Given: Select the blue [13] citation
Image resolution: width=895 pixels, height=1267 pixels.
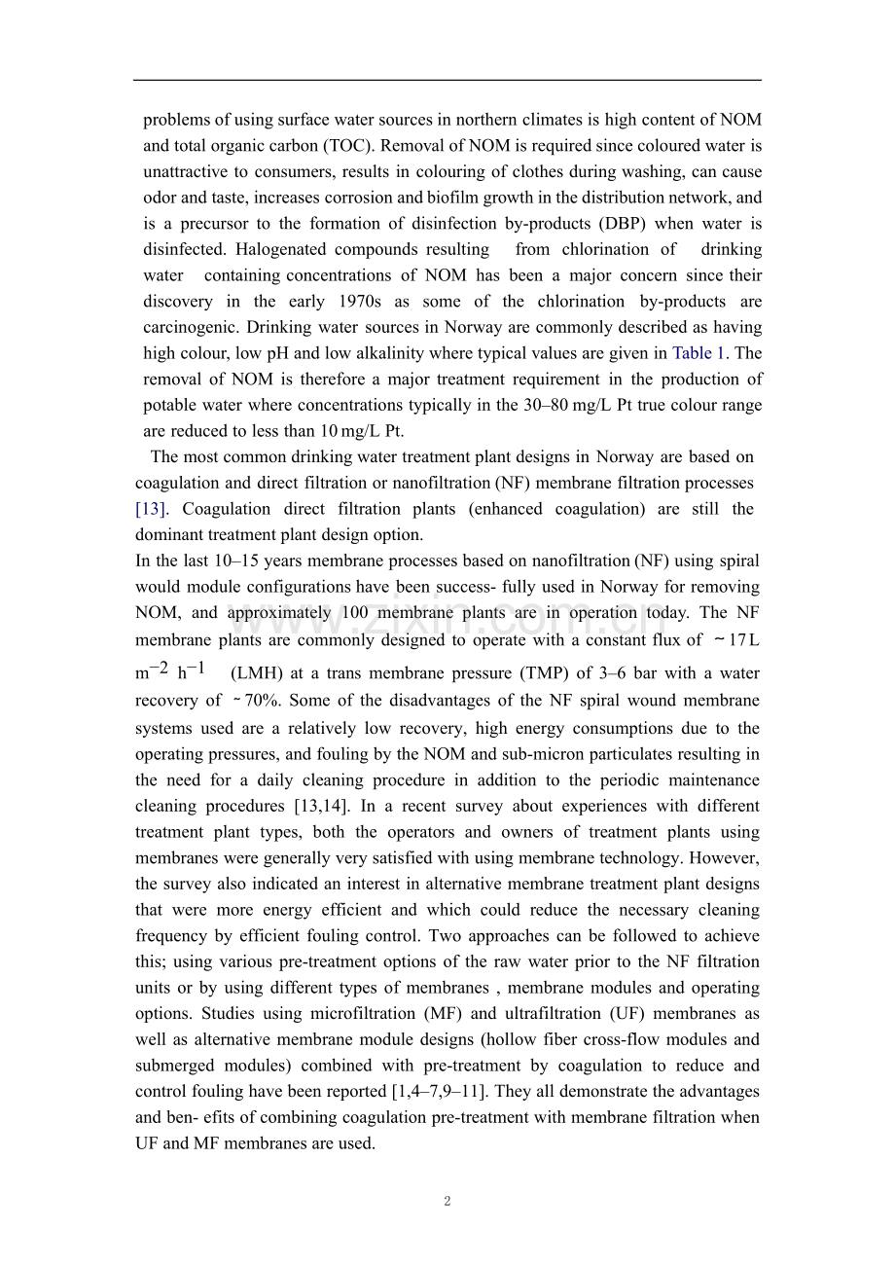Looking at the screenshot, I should (x=150, y=509).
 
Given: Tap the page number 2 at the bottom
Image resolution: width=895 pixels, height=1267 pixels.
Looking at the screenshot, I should (x=447, y=1201).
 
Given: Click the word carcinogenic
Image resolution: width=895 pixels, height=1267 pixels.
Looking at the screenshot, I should (x=191, y=327).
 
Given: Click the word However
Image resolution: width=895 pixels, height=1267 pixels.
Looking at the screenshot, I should (x=724, y=858).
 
